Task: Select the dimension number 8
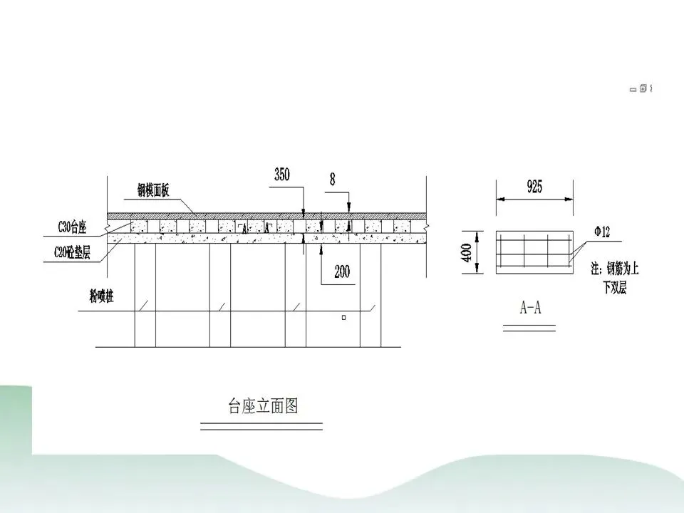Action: click(x=332, y=180)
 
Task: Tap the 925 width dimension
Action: click(x=534, y=187)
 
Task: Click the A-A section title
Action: click(x=531, y=308)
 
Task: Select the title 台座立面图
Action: click(x=262, y=407)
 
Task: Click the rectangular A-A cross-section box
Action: click(x=534, y=252)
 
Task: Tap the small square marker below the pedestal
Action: click(x=343, y=318)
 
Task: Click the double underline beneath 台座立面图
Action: click(x=261, y=426)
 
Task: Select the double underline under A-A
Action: click(x=529, y=327)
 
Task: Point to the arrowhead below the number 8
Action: click(x=348, y=208)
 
